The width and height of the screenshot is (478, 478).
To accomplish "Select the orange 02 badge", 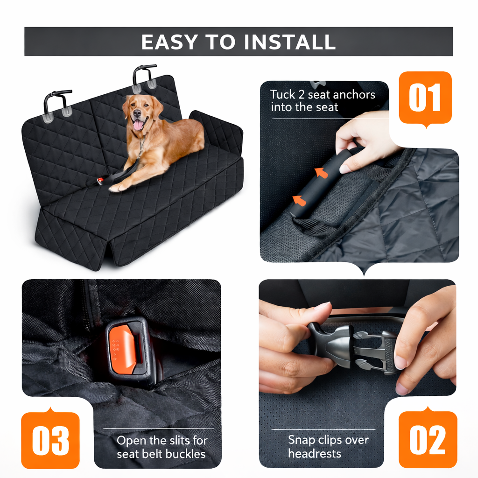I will click(x=428, y=439).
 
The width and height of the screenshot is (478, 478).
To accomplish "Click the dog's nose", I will click(x=136, y=113).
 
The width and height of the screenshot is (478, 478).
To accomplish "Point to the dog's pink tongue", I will click(x=139, y=125).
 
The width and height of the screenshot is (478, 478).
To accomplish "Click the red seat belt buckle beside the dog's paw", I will click(x=100, y=181).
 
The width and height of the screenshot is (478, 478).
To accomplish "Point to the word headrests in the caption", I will click(x=314, y=453).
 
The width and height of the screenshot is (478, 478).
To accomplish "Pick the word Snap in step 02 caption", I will click(x=302, y=440).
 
